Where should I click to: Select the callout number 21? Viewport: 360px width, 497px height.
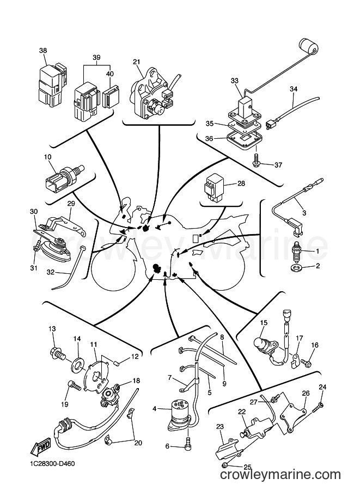[x=136, y=62]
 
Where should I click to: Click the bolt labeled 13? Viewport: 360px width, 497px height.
[x=57, y=353]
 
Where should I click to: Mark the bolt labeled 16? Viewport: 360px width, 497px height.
[x=305, y=361]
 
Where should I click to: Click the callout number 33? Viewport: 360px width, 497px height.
[x=234, y=81]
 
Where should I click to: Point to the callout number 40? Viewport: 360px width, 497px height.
[x=110, y=73]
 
